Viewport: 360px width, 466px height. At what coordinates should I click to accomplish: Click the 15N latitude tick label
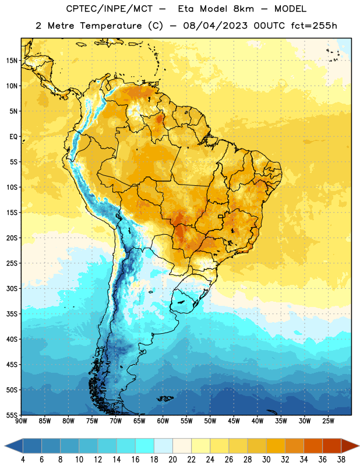tap(12, 61)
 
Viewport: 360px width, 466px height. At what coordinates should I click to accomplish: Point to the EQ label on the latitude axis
tap(13, 137)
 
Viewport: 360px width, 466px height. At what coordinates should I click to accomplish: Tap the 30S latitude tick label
tap(12, 288)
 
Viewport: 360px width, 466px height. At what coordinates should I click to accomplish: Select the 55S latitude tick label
tap(12, 415)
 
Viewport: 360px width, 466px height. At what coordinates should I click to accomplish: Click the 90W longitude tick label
tap(21, 421)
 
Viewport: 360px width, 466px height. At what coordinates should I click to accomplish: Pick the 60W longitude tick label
tap(163, 421)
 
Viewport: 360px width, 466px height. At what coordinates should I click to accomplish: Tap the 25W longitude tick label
tap(328, 421)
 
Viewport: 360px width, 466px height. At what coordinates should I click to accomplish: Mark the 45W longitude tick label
tap(234, 421)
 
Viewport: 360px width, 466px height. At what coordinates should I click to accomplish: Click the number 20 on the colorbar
tap(172, 460)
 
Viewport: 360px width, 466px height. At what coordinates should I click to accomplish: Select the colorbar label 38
tap(341, 460)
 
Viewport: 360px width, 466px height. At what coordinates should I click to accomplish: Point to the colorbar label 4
tap(23, 460)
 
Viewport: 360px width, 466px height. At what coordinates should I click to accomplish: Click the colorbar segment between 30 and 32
tap(276, 446)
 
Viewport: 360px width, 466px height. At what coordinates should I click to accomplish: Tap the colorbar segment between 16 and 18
tap(144, 446)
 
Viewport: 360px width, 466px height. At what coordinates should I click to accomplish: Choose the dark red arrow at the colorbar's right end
tap(350, 446)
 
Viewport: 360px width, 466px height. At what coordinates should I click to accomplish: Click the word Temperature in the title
tap(111, 26)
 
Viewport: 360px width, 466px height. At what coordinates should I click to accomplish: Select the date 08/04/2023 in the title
tap(215, 26)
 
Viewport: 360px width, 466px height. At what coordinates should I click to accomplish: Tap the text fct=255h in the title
tap(314, 26)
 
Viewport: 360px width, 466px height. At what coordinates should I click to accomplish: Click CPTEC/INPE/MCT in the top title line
tap(109, 9)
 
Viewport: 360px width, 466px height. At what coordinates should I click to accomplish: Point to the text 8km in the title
tap(243, 9)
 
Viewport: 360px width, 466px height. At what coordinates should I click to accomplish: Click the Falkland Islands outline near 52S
tap(165, 398)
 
